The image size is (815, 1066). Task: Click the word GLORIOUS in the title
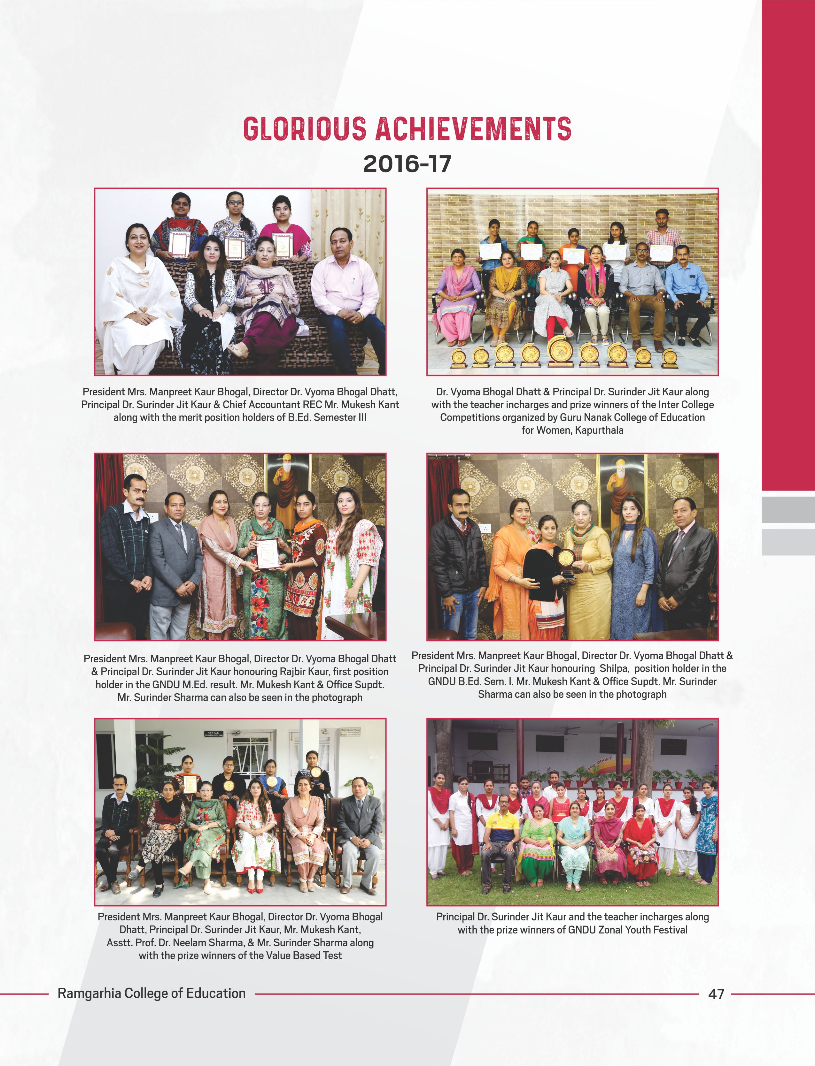304,129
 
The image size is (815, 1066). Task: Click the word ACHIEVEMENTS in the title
473,129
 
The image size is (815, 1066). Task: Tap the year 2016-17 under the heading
407,164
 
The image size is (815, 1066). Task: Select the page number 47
716,994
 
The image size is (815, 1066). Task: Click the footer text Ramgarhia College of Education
151,993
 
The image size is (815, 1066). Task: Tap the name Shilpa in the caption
614,668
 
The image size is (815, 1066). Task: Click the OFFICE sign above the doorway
213,734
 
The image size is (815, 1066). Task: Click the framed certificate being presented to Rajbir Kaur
267,554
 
